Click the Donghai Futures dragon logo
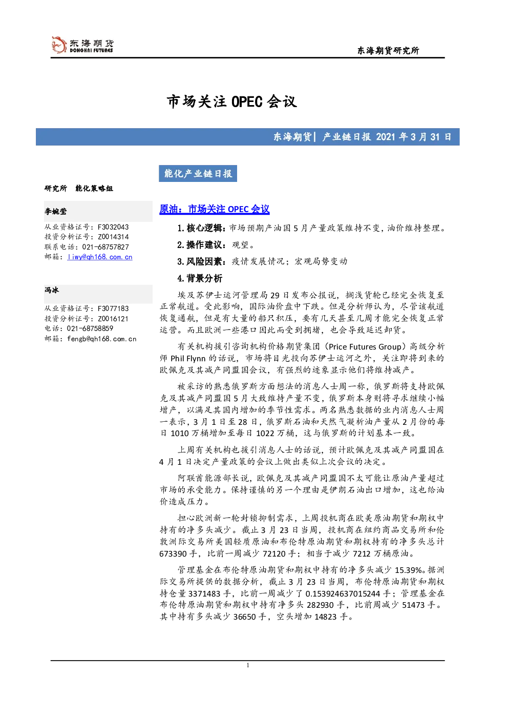point(59,45)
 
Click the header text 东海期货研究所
point(388,50)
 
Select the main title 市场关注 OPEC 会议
point(231,101)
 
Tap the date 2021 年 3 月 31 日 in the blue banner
point(413,137)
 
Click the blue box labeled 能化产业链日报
point(198,173)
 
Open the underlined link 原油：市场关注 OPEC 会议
point(215,209)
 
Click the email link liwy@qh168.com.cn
point(100,257)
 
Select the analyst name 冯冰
point(52,290)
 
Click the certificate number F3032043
point(113,227)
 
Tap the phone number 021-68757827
point(105,247)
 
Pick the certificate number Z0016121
point(113,318)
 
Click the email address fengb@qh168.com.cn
point(102,339)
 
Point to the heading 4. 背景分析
point(200,278)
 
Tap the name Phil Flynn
point(188,358)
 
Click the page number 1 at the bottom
point(247,665)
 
